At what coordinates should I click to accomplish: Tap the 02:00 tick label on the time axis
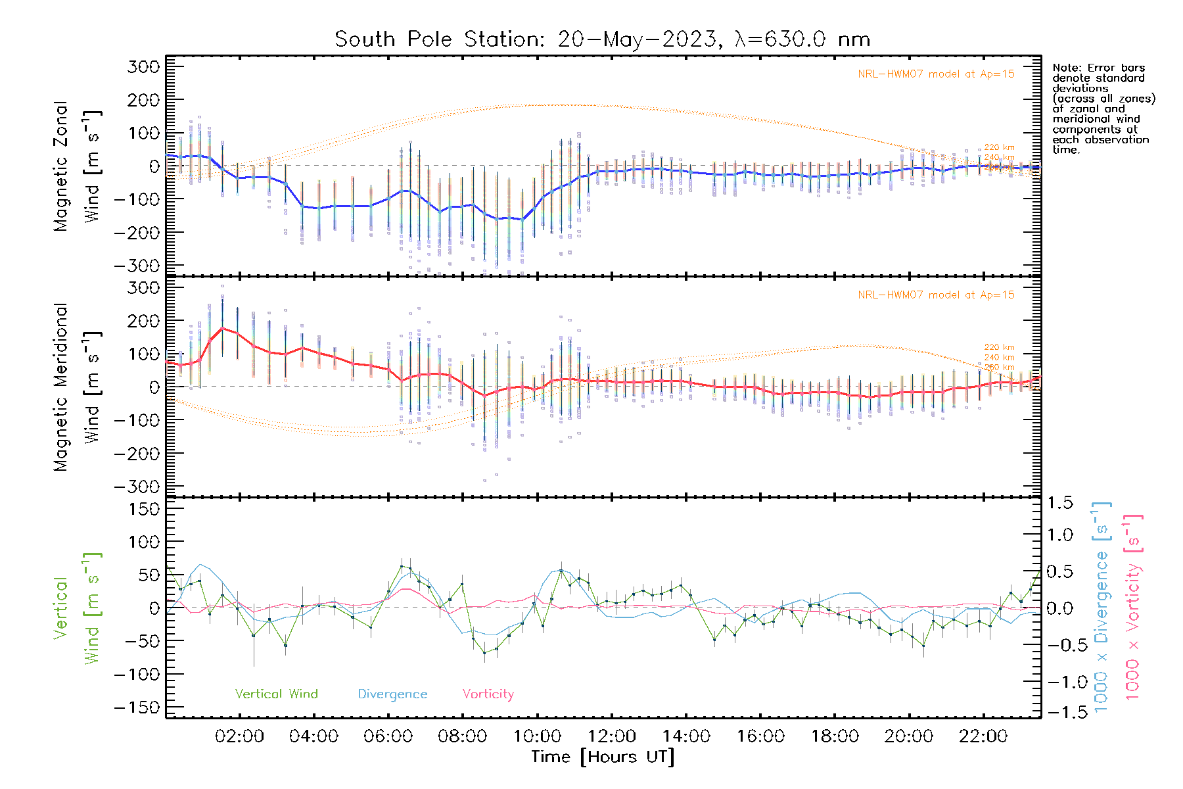(239, 736)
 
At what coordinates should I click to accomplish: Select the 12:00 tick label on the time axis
(611, 736)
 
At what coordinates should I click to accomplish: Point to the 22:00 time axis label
(983, 736)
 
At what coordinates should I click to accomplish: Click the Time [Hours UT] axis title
(603, 757)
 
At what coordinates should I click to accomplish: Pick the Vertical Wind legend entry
(276, 694)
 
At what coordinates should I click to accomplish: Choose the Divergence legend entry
(392, 694)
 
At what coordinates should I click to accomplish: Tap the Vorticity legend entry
(488, 694)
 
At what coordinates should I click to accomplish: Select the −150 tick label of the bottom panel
(137, 707)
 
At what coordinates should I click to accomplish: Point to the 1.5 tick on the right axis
(1060, 504)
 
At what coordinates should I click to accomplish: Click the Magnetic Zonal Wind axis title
(77, 166)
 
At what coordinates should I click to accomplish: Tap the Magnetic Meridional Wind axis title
(77, 387)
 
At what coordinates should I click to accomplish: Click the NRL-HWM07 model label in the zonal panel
(936, 74)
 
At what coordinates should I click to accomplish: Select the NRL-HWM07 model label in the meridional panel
(936, 295)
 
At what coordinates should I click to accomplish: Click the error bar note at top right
(1103, 108)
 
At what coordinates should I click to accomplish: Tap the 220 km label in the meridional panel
(999, 347)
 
